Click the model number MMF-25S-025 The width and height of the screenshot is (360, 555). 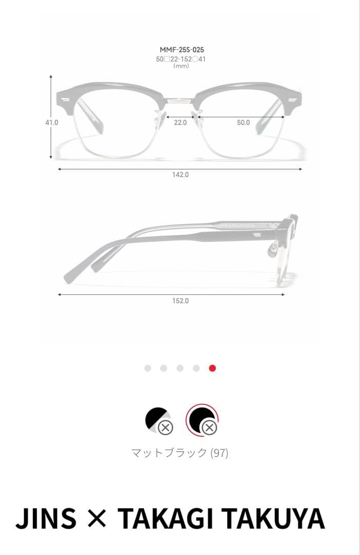pyautogui.click(x=182, y=49)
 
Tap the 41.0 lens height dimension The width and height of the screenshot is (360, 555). pyautogui.click(x=52, y=122)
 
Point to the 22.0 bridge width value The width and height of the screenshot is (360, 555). pyautogui.click(x=180, y=122)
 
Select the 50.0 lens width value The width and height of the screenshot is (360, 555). pyautogui.click(x=243, y=122)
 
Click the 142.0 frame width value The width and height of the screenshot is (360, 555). pyautogui.click(x=180, y=175)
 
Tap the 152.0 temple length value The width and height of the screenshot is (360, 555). pyautogui.click(x=180, y=301)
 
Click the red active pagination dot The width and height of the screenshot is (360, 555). pyautogui.click(x=213, y=368)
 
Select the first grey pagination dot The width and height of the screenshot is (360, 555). pyautogui.click(x=148, y=368)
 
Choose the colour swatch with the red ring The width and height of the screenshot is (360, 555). pyautogui.click(x=202, y=420)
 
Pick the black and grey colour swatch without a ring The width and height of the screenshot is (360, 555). pyautogui.click(x=159, y=420)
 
